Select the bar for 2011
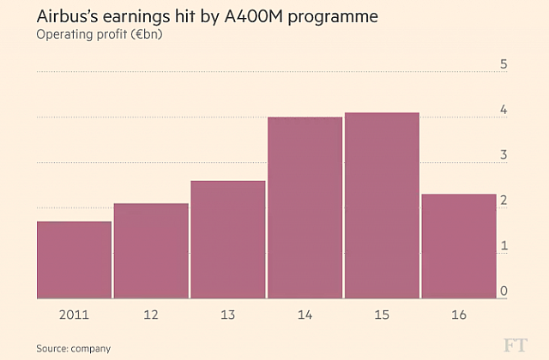pos(74,260)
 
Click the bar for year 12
pos(151,251)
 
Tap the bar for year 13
pos(228,240)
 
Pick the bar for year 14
pos(305,207)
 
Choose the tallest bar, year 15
pos(382,206)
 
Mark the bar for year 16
pos(459,246)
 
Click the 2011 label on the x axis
pos(74,315)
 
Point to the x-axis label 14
pos(305,315)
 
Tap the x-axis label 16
pos(459,315)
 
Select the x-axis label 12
pos(151,315)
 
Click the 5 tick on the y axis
pos(504,64)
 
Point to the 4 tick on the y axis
pos(504,110)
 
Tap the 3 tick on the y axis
pos(504,155)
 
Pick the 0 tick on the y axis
pos(504,291)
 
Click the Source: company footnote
pos(73,348)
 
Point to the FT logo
pos(514,345)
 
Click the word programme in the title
pos(334,18)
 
